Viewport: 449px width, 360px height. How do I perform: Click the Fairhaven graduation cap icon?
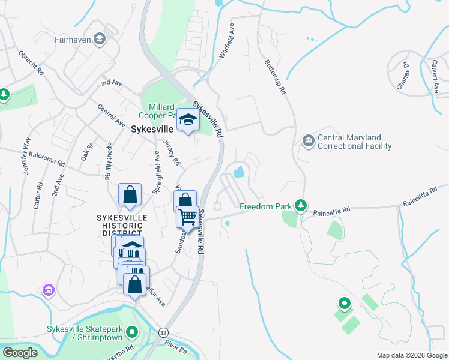click(x=99, y=39)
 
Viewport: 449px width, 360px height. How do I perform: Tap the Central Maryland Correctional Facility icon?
click(x=309, y=141)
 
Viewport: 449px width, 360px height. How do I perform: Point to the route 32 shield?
click(x=163, y=332)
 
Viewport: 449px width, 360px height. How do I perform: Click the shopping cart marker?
click(x=188, y=217)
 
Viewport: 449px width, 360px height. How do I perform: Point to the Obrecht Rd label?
click(x=31, y=62)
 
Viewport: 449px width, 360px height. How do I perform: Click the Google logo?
click(x=20, y=353)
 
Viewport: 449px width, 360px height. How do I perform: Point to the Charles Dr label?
click(x=403, y=77)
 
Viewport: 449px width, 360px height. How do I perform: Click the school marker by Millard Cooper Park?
click(x=188, y=119)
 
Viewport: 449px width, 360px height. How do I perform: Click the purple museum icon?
click(x=49, y=291)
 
